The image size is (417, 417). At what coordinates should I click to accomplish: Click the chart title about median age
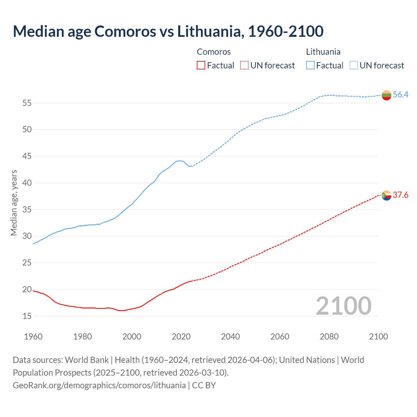[x=168, y=31]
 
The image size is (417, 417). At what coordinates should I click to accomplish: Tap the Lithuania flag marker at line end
[x=386, y=95]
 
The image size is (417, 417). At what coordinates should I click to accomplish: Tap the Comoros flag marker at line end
[x=386, y=195]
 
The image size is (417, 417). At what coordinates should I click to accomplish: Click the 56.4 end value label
[x=400, y=94]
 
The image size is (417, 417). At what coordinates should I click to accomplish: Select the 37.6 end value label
[x=400, y=195]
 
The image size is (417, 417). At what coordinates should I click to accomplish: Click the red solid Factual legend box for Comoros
[x=201, y=65]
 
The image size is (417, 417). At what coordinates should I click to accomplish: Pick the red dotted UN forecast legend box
[x=244, y=65]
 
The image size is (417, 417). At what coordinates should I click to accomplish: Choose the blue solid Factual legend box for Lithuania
[x=310, y=65]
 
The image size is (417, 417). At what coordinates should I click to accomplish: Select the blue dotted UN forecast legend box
[x=353, y=65]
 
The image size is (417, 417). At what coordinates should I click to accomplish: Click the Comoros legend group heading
[x=214, y=52]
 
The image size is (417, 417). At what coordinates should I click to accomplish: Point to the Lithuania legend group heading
[x=323, y=52]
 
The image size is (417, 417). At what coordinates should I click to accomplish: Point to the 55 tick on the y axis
[x=27, y=103]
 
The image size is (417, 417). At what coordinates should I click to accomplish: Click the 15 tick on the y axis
[x=27, y=316]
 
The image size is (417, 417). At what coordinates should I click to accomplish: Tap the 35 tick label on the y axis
[x=27, y=209]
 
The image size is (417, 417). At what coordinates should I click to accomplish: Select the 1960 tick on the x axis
[x=33, y=337]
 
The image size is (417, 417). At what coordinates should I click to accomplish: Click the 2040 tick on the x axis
[x=230, y=337]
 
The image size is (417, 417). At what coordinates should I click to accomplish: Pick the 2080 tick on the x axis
[x=329, y=337]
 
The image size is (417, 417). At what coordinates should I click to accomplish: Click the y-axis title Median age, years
[x=14, y=203]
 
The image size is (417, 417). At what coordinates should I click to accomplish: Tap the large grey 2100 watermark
[x=343, y=306]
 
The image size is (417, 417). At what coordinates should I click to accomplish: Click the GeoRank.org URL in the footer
[x=99, y=385]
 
